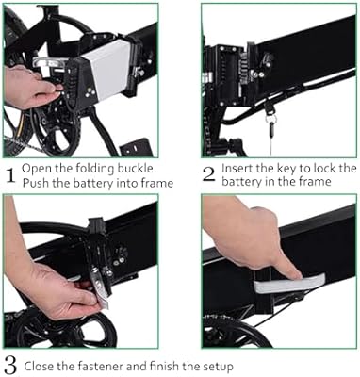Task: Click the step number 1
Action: (10, 173)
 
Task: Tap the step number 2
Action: (209, 173)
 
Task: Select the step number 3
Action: (10, 365)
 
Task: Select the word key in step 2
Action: (295, 168)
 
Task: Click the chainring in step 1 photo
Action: (38, 132)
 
